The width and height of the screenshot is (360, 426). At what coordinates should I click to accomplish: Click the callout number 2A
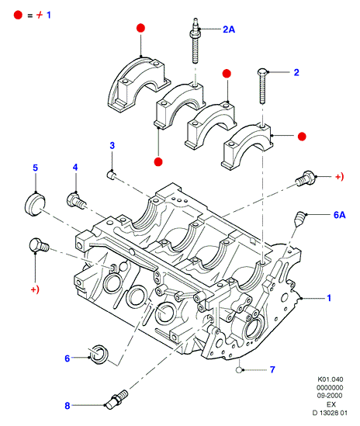click(229, 29)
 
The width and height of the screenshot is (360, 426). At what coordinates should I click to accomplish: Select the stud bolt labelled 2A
click(195, 41)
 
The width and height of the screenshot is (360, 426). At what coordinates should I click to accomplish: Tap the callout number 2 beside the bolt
click(296, 72)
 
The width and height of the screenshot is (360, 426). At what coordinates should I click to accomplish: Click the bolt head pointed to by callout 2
click(261, 72)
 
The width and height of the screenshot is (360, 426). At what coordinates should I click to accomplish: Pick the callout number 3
click(112, 146)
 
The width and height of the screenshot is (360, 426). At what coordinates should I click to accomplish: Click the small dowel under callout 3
click(112, 174)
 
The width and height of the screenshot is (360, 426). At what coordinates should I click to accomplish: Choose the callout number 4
click(75, 168)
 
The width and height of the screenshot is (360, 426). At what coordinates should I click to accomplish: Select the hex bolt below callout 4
click(76, 201)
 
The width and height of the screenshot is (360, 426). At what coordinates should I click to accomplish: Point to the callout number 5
click(36, 168)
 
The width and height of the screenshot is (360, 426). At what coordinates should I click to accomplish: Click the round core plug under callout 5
click(35, 204)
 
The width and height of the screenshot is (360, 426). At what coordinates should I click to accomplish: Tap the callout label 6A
click(339, 215)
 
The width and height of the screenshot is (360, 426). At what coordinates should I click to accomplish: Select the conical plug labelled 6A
click(299, 219)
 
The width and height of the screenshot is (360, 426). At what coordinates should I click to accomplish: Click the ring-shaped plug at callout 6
click(99, 355)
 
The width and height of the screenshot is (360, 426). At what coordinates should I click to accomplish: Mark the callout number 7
click(272, 370)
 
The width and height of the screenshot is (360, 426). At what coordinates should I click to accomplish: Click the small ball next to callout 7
click(239, 370)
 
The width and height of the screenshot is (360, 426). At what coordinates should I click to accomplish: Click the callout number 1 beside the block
click(329, 298)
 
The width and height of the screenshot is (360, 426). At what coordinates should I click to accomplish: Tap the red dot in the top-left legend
click(18, 15)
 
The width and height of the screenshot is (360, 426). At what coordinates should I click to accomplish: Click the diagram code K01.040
click(330, 379)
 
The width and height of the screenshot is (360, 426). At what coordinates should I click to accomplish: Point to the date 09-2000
click(330, 396)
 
